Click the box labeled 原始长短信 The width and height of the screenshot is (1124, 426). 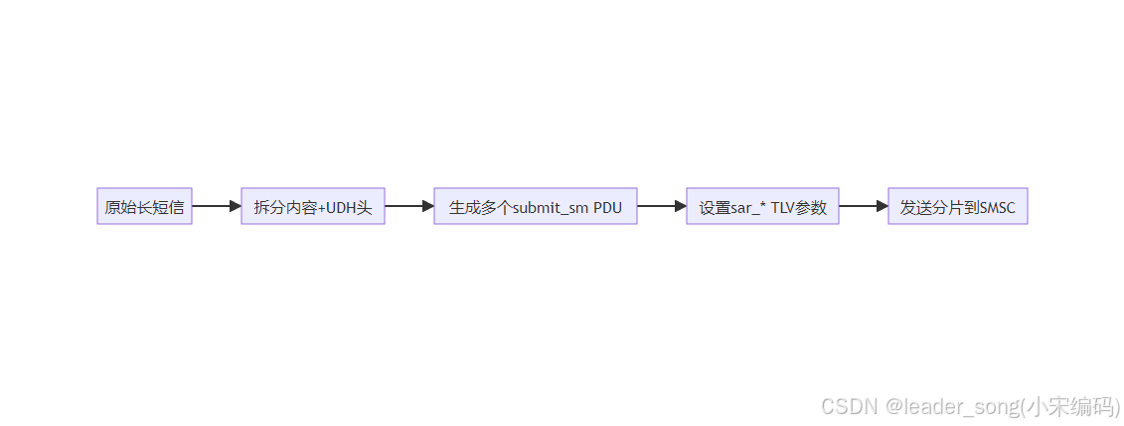[144, 207]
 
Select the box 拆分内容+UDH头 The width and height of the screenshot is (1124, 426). [312, 207]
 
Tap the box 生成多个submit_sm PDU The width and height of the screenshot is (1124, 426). [535, 207]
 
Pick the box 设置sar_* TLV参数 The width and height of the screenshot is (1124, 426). [762, 207]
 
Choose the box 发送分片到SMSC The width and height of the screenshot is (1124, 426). [957, 207]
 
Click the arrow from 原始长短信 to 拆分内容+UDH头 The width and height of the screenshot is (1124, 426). [216, 206]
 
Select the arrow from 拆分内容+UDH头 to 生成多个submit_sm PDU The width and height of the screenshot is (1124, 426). [408, 206]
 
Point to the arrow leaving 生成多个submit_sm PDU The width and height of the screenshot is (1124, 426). [661, 206]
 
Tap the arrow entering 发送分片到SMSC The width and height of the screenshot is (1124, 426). [863, 206]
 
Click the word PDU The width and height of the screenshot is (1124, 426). [607, 208]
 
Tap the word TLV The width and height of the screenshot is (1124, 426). [784, 208]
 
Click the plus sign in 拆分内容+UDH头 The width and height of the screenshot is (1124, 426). [321, 208]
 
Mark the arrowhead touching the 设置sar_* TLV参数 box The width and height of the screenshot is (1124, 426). [680, 206]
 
